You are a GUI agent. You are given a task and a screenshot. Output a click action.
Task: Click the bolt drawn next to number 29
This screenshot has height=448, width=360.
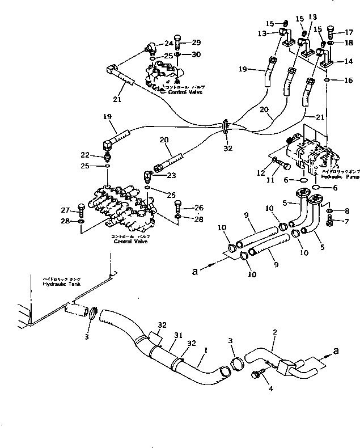pos(177,43)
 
